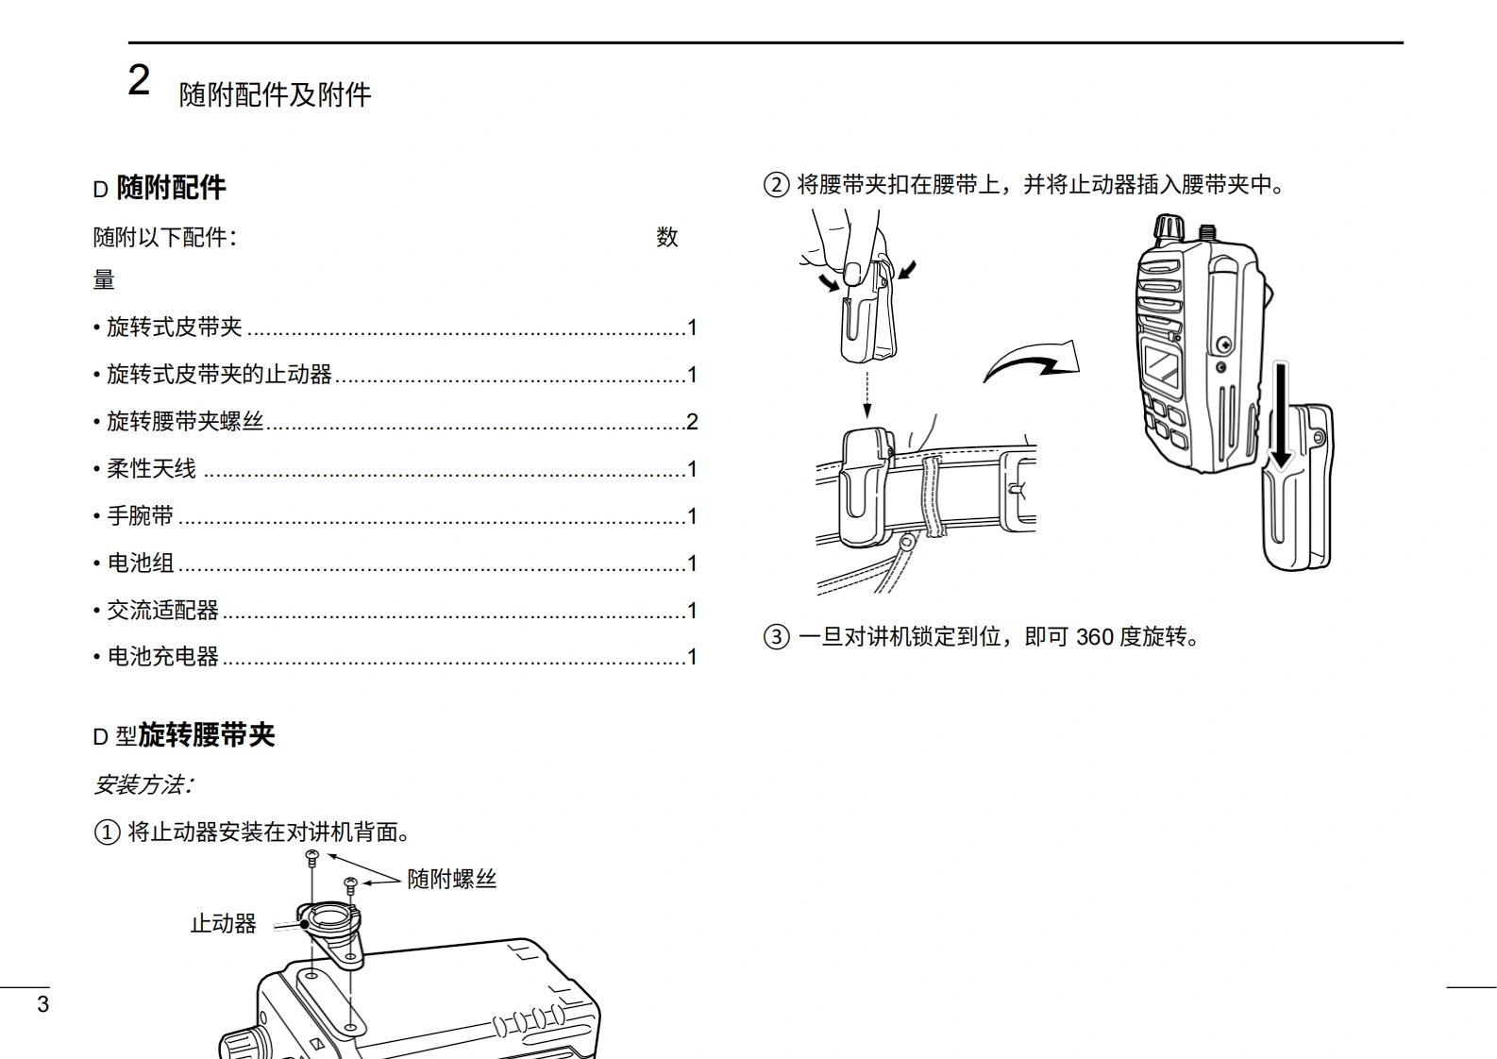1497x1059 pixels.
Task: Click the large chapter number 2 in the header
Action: (x=139, y=80)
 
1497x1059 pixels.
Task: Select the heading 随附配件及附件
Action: (x=275, y=95)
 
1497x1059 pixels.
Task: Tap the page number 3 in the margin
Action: (x=42, y=1004)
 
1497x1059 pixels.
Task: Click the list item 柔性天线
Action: (x=152, y=468)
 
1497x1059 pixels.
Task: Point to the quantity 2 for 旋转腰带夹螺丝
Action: (x=693, y=422)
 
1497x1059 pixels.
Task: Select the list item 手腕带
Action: (x=141, y=515)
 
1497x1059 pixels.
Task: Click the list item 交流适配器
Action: (x=163, y=610)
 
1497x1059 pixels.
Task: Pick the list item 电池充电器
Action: (x=163, y=657)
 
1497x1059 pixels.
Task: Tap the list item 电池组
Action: (x=141, y=563)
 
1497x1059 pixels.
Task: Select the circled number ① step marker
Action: (x=107, y=832)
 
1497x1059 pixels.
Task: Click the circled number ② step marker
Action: (x=777, y=184)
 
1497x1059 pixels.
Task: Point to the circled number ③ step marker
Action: (x=777, y=637)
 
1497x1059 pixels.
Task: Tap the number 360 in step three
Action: (x=1095, y=637)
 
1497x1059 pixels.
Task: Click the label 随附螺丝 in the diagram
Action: (x=452, y=879)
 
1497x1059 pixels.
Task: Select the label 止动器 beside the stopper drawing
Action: (x=223, y=924)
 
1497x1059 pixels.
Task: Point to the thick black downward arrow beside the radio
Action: (x=1281, y=415)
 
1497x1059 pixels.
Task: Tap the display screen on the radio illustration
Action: (x=1162, y=366)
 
